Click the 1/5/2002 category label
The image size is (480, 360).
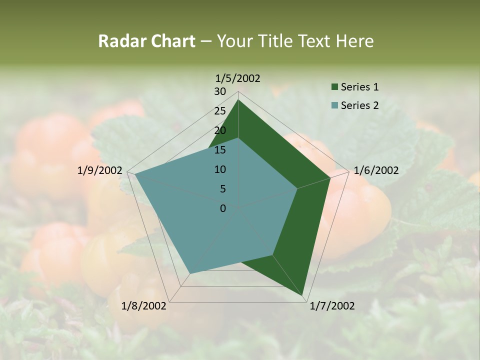pyautogui.click(x=237, y=78)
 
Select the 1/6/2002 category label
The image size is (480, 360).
pyautogui.click(x=376, y=170)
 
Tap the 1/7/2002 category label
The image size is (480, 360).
pyautogui.click(x=332, y=305)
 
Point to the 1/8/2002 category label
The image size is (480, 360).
pyautogui.click(x=144, y=305)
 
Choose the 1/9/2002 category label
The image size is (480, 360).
pyautogui.click(x=99, y=170)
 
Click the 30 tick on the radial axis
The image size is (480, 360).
pyautogui.click(x=219, y=91)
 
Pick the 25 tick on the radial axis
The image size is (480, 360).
pyautogui.click(x=219, y=111)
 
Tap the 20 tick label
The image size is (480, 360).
pyautogui.click(x=219, y=130)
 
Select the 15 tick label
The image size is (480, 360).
pyautogui.click(x=219, y=150)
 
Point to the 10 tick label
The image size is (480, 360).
pyautogui.click(x=219, y=169)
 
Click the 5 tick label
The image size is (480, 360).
pyautogui.click(x=222, y=189)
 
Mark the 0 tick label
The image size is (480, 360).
pyautogui.click(x=222, y=208)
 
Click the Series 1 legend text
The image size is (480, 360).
pyautogui.click(x=359, y=87)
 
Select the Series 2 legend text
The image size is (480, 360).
pyautogui.click(x=359, y=105)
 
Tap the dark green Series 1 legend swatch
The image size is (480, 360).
pyautogui.click(x=334, y=87)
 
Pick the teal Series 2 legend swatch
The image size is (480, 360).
pyautogui.click(x=334, y=105)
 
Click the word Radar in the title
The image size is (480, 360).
pyautogui.click(x=120, y=41)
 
